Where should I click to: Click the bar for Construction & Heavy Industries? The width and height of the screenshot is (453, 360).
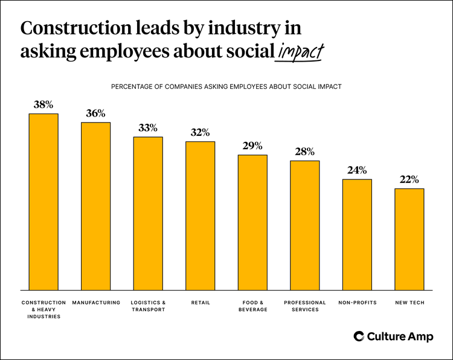tap(43, 202)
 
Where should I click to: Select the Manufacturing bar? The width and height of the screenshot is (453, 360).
tap(95, 206)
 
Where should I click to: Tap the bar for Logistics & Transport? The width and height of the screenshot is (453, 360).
tap(148, 213)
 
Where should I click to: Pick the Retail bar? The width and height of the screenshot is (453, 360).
tap(200, 216)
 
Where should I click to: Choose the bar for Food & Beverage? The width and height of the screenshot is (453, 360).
tap(252, 222)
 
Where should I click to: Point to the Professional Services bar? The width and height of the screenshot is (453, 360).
tap(304, 225)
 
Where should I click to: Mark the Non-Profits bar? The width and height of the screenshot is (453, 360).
tap(357, 234)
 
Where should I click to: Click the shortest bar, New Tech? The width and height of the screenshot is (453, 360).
tap(409, 239)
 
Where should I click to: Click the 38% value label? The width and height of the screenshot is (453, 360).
tap(43, 104)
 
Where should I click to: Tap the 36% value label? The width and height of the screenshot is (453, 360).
tap(95, 113)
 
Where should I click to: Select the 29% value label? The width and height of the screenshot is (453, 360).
tap(252, 146)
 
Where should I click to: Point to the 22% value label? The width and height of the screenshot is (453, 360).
tap(409, 179)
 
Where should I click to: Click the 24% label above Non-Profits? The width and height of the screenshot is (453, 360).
tap(357, 170)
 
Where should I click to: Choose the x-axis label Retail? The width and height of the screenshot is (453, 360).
tap(200, 303)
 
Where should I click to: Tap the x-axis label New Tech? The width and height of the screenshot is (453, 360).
tap(409, 303)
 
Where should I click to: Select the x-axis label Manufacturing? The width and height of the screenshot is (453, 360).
tap(95, 303)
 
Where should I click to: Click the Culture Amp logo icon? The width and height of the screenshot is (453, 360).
tap(358, 336)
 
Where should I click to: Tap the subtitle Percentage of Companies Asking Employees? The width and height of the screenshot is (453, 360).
tap(226, 86)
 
